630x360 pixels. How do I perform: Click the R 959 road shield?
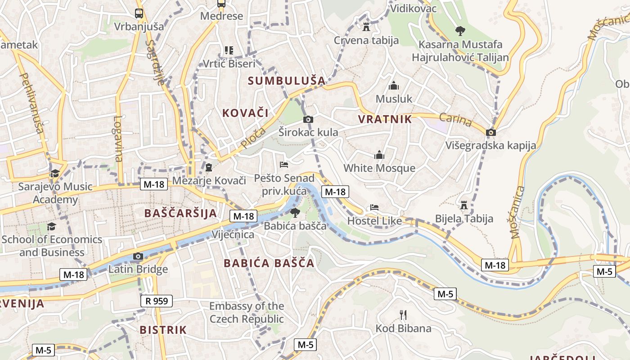[156, 301]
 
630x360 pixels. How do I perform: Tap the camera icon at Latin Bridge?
[138, 256]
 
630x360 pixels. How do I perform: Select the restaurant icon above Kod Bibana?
[403, 315]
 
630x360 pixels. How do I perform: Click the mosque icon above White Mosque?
[379, 155]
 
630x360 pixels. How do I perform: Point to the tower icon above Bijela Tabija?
[464, 206]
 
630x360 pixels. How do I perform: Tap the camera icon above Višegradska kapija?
[491, 132]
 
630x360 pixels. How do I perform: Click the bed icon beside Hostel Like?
[374, 207]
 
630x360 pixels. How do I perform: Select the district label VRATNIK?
[385, 119]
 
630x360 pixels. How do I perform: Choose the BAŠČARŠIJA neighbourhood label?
[180, 213]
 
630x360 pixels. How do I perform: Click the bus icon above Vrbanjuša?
[139, 13]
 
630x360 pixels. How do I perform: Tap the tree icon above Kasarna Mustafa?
[460, 31]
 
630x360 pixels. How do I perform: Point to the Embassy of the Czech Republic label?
[247, 313]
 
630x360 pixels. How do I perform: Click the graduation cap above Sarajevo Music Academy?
[55, 173]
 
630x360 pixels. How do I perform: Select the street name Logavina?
[118, 139]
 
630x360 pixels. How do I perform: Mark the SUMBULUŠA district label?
[286, 81]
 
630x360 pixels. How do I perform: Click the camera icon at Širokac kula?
[308, 119]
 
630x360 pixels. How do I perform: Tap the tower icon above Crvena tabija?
[366, 27]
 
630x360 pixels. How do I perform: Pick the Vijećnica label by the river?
[233, 234]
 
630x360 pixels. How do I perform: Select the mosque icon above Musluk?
[394, 85]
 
